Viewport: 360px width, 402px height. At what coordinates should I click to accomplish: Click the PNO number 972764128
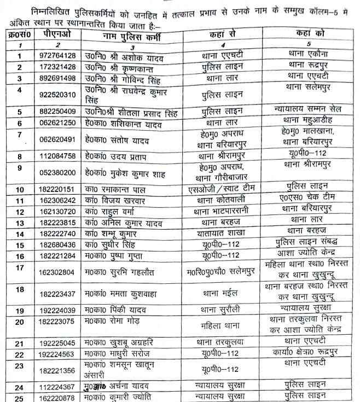click(x=53, y=56)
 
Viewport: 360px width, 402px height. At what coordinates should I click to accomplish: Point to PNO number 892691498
click(x=53, y=78)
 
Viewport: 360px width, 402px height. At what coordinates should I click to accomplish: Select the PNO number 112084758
click(x=53, y=157)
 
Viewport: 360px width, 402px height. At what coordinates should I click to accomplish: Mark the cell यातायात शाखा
click(x=222, y=234)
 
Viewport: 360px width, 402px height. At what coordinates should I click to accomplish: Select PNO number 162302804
click(x=53, y=272)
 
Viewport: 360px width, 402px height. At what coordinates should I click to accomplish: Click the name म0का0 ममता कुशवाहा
click(x=123, y=294)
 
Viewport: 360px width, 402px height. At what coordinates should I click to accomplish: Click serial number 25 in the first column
click(x=20, y=397)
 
